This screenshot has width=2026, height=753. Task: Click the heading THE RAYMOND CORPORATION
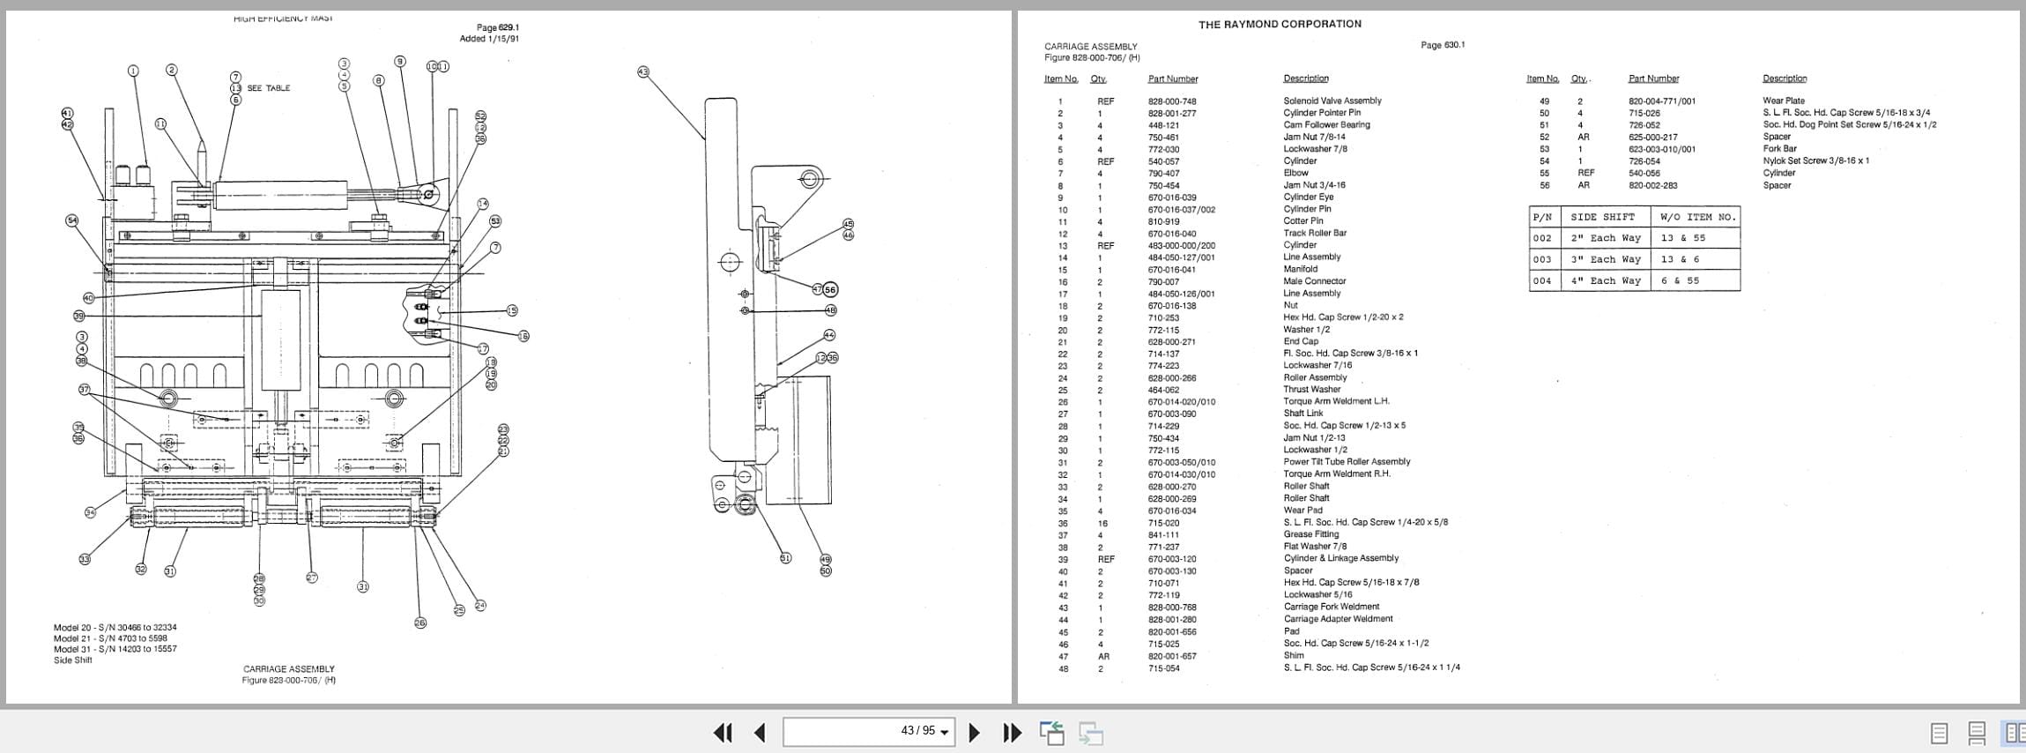1279,24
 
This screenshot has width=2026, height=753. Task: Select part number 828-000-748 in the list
1171,101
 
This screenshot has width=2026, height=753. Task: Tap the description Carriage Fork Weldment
1331,607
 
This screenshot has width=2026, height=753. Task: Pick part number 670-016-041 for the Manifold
1171,270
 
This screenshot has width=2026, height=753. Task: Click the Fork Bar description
1779,148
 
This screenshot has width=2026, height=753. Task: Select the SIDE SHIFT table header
1602,217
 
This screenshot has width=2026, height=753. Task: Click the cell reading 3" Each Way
1605,259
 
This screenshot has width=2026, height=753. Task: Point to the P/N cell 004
1541,281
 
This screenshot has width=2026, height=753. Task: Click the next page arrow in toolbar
974,732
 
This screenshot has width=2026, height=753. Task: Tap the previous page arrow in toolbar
760,732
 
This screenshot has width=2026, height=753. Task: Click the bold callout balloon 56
830,290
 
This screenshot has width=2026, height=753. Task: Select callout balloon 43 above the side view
642,71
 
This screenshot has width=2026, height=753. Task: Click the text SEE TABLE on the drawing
268,88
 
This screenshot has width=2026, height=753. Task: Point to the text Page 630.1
1443,45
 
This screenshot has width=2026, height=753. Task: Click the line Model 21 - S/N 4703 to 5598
110,638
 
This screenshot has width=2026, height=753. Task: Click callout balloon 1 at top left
133,71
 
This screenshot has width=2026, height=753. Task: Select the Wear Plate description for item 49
1783,101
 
